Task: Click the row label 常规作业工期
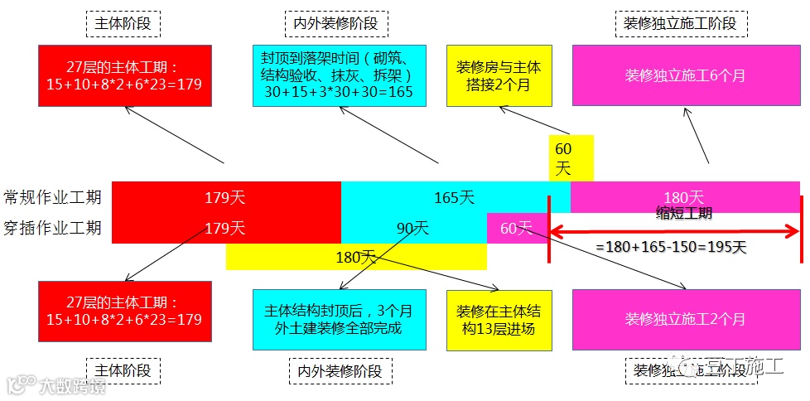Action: coord(53,197)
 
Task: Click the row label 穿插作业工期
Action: coord(53,227)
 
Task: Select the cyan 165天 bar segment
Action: coord(455,197)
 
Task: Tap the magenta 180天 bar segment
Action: coord(684,196)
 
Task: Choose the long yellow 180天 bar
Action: coord(356,257)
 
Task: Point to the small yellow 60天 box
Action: coord(571,158)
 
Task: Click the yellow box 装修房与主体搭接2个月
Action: coord(493,75)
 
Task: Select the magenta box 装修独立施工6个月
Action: coord(685,75)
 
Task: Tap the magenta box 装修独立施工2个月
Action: coord(685,319)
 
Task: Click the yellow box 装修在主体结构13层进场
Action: coord(494,320)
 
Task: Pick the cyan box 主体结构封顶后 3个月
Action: coord(339,320)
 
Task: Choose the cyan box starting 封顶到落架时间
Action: coord(339,75)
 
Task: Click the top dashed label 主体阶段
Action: coord(123,23)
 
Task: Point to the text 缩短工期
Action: coord(683,213)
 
